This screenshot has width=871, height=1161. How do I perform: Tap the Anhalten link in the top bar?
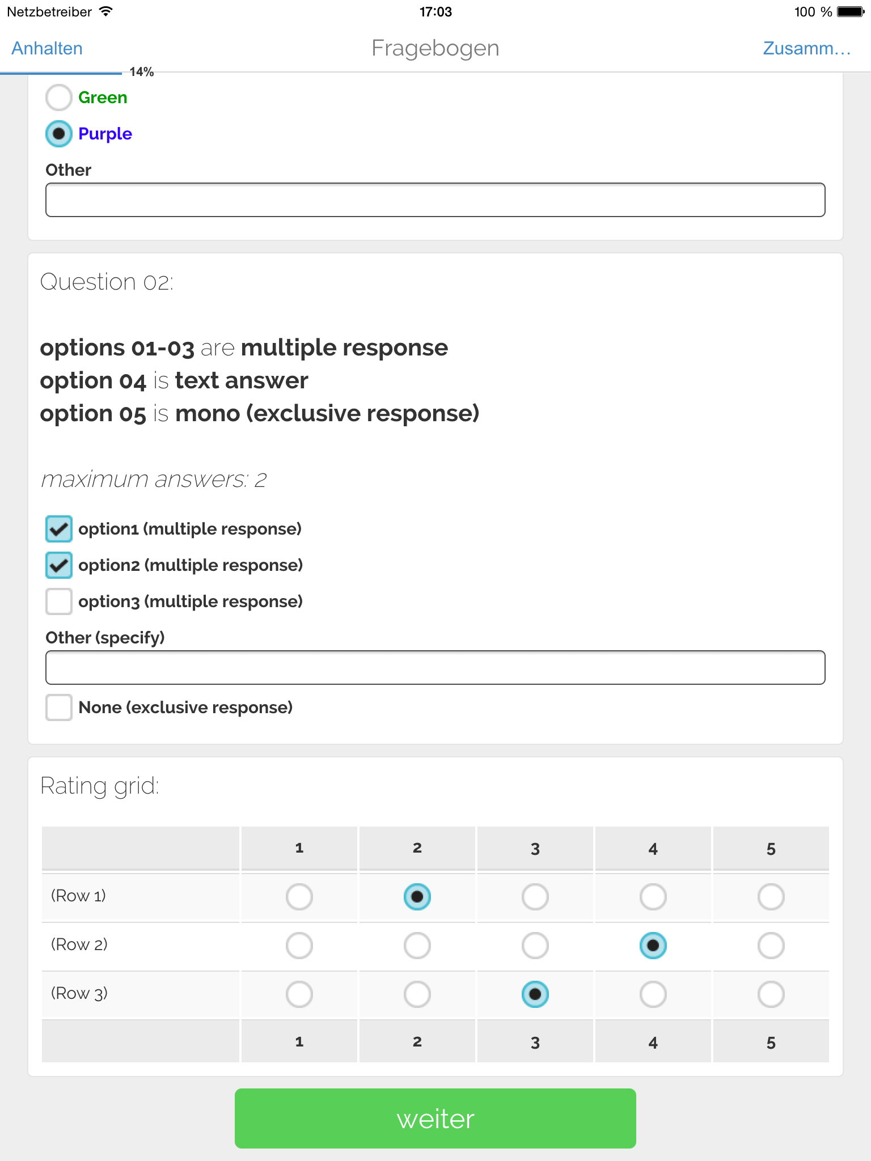47,49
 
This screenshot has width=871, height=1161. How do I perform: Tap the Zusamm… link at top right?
806,49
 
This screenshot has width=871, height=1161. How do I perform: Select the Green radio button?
58,98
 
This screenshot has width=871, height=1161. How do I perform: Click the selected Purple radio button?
58,134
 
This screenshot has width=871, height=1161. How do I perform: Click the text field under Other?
435,200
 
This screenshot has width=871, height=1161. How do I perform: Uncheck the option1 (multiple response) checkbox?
58,529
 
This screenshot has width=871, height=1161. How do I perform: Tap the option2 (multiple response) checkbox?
58,565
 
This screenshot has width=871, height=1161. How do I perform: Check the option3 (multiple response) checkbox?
58,601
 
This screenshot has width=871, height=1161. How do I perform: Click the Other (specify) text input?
435,668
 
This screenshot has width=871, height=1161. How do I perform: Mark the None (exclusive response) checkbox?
58,707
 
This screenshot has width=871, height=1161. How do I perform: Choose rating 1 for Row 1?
299,897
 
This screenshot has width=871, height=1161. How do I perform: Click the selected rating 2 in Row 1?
417,897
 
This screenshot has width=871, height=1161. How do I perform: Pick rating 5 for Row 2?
771,946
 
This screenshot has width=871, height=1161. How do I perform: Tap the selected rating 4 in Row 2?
653,946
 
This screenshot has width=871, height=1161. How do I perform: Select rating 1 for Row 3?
299,994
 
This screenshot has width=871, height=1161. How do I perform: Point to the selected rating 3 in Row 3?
535,994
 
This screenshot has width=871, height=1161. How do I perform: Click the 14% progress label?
142,72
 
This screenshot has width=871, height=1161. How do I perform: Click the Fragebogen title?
435,49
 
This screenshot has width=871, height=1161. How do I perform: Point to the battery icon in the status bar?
850,12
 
